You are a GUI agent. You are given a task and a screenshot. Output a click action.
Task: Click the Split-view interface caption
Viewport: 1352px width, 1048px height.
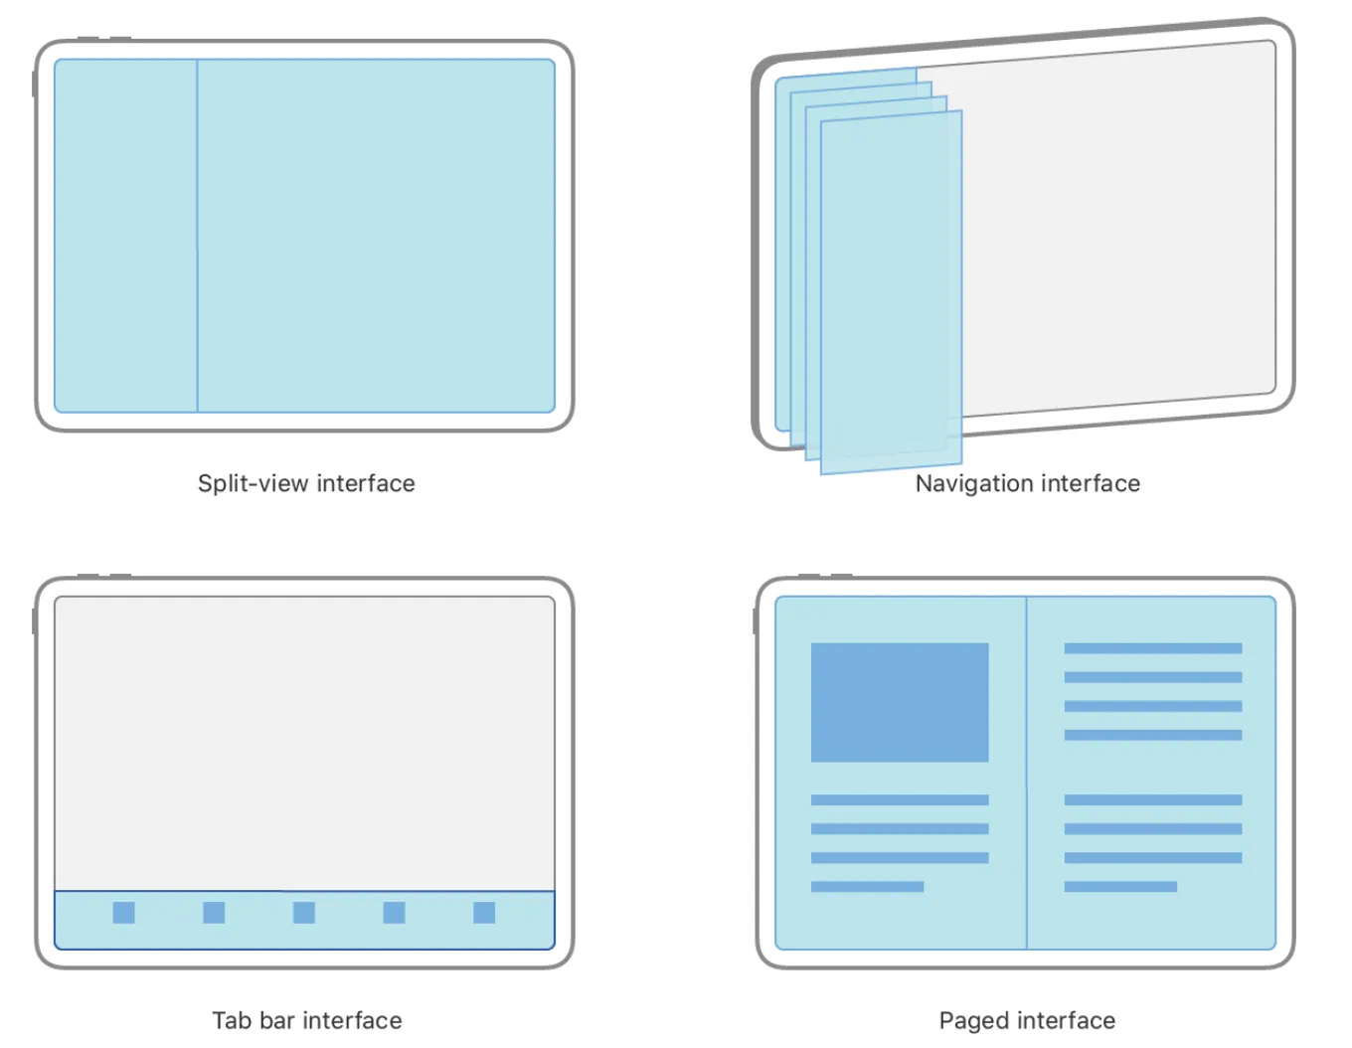306,483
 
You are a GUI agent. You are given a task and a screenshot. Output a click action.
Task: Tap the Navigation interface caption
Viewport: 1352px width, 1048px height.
1027,483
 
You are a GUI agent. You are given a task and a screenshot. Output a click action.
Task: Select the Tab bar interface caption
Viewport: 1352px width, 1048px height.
306,1020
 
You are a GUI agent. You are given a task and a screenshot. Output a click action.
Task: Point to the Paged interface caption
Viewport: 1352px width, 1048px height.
1027,1020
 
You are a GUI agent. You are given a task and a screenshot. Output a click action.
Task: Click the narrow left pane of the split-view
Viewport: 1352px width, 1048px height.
125,236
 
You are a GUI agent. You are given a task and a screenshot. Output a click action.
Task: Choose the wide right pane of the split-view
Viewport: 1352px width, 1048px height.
376,236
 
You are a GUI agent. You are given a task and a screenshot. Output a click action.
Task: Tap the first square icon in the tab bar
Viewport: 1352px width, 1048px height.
124,913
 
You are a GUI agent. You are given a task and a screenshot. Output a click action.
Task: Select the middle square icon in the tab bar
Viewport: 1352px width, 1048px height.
304,913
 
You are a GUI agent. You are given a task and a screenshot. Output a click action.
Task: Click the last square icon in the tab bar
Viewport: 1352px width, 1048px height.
484,913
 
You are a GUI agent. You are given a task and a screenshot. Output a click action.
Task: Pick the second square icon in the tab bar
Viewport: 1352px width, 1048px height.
214,913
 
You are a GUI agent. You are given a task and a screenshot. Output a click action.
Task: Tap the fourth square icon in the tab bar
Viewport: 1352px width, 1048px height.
395,913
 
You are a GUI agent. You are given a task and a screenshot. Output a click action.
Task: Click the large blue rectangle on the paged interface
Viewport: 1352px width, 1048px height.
900,702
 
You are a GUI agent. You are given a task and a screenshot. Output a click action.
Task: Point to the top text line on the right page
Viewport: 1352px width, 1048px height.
1152,648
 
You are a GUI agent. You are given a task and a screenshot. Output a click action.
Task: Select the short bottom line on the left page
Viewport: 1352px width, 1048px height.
867,886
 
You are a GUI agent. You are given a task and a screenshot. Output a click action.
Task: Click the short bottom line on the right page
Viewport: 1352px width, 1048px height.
1120,886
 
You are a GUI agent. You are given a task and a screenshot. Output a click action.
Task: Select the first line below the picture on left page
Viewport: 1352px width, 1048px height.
900,799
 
